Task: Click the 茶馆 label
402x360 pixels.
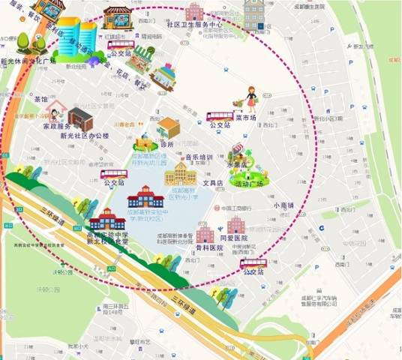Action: pos(40,99)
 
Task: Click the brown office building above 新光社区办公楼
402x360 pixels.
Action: pos(80,118)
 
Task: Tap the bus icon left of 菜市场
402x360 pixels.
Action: pos(220,116)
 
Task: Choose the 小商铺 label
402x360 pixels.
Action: pos(284,205)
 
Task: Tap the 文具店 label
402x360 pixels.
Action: pos(214,183)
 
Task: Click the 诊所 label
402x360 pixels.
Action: pos(167,144)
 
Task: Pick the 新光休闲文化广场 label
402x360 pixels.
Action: pos(28,60)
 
